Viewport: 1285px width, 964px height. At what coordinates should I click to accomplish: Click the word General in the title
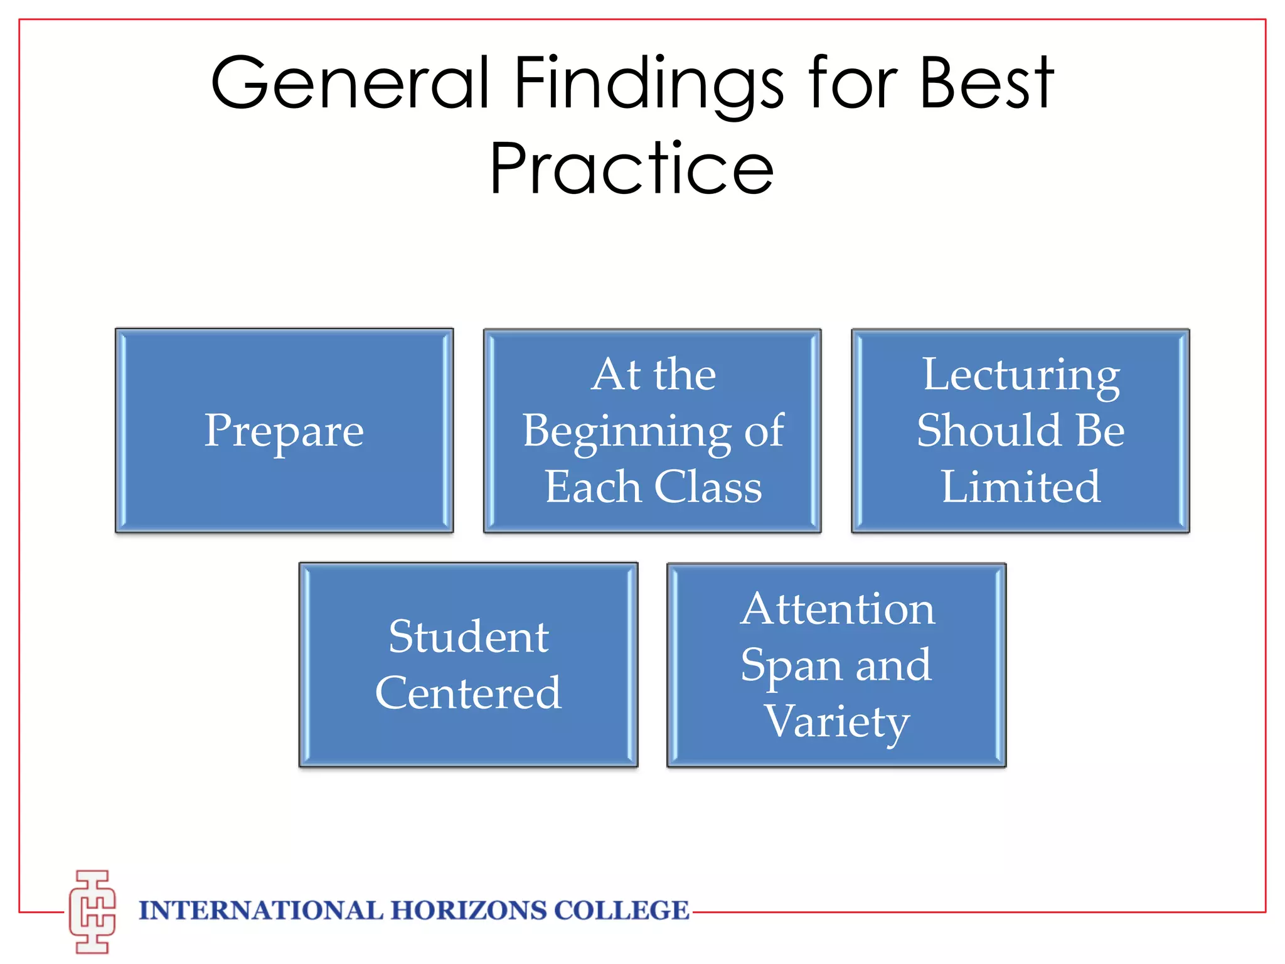(350, 83)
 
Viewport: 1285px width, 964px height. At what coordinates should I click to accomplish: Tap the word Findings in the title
(649, 85)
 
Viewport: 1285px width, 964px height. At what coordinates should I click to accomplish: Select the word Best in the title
(986, 83)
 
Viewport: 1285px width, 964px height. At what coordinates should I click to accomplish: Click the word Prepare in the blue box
(284, 432)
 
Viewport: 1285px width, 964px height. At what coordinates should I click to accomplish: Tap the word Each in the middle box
(592, 487)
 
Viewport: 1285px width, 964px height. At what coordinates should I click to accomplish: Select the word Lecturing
(1021, 376)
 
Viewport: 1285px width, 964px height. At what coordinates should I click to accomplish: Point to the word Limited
(1021, 487)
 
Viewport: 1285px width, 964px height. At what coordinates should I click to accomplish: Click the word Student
(469, 637)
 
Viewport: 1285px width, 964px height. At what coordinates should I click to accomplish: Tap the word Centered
(469, 694)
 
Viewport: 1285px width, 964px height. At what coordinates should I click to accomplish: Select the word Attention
(838, 609)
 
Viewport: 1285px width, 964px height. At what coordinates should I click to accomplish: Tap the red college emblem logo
(92, 912)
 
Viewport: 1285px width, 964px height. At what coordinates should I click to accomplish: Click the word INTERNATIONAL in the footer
(260, 911)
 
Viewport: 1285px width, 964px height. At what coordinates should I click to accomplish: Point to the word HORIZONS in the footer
(469, 911)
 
